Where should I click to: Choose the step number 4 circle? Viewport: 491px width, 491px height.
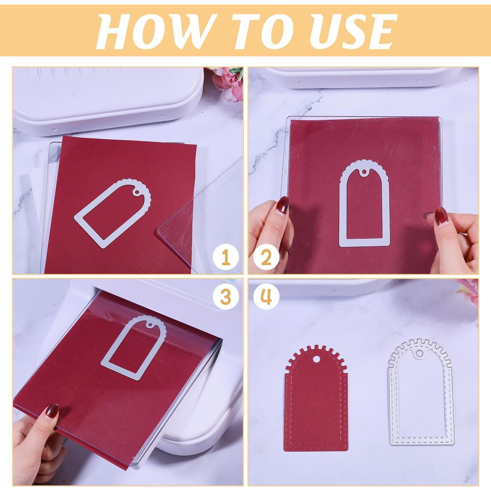(266, 297)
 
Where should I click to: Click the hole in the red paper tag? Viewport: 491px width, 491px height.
(316, 359)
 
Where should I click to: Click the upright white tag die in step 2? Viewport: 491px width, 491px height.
(365, 205)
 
